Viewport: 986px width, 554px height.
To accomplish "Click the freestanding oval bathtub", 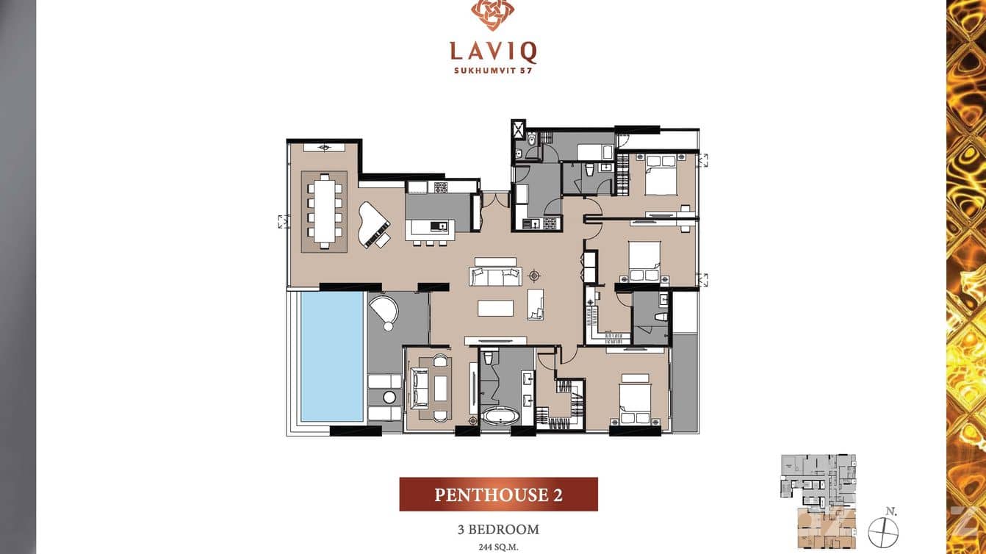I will click(500, 417).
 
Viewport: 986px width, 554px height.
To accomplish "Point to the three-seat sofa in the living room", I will click(496, 276).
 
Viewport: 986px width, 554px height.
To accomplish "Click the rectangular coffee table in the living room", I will click(495, 307).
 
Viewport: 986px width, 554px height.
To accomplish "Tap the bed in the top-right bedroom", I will click(661, 176).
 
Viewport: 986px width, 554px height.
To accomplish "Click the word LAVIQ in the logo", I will click(493, 51).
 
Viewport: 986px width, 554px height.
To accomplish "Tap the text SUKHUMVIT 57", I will click(493, 72).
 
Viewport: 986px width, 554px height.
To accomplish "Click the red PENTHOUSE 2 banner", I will click(498, 494).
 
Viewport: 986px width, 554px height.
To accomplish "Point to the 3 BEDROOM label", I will click(498, 529).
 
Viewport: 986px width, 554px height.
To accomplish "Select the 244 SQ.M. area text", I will click(498, 546).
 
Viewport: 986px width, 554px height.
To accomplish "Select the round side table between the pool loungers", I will click(389, 397).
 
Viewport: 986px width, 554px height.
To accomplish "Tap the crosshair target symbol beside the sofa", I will click(534, 276).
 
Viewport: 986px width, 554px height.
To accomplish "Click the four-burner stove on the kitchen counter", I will click(440, 187).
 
